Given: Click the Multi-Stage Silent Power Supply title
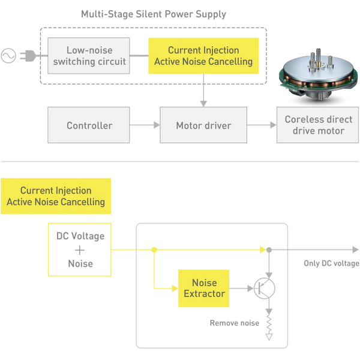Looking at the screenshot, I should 154,14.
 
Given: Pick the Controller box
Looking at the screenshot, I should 89,126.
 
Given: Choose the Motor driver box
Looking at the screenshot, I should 203,126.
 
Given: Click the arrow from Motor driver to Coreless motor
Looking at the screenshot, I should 262,126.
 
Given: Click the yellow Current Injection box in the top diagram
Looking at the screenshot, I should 203,56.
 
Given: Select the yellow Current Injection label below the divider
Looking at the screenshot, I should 56,196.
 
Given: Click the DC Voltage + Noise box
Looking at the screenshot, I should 80,250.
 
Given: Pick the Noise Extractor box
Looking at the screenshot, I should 204,289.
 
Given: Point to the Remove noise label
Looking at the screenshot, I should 234,323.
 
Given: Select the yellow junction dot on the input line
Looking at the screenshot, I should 154,249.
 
